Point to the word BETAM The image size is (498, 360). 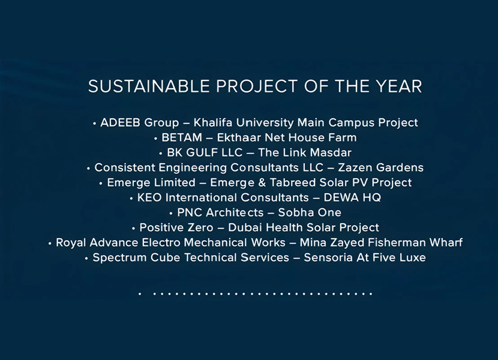pyautogui.click(x=182, y=137)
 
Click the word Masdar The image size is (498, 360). pyautogui.click(x=331, y=152)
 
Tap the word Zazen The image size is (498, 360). pyautogui.click(x=353, y=167)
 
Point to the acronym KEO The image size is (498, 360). pyautogui.click(x=149, y=197)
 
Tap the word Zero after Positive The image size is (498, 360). pyautogui.click(x=200, y=227)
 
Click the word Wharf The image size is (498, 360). pyautogui.click(x=446, y=242)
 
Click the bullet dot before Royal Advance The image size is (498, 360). pyautogui.click(x=50, y=244)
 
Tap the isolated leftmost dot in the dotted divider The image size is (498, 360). pyautogui.click(x=140, y=294)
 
